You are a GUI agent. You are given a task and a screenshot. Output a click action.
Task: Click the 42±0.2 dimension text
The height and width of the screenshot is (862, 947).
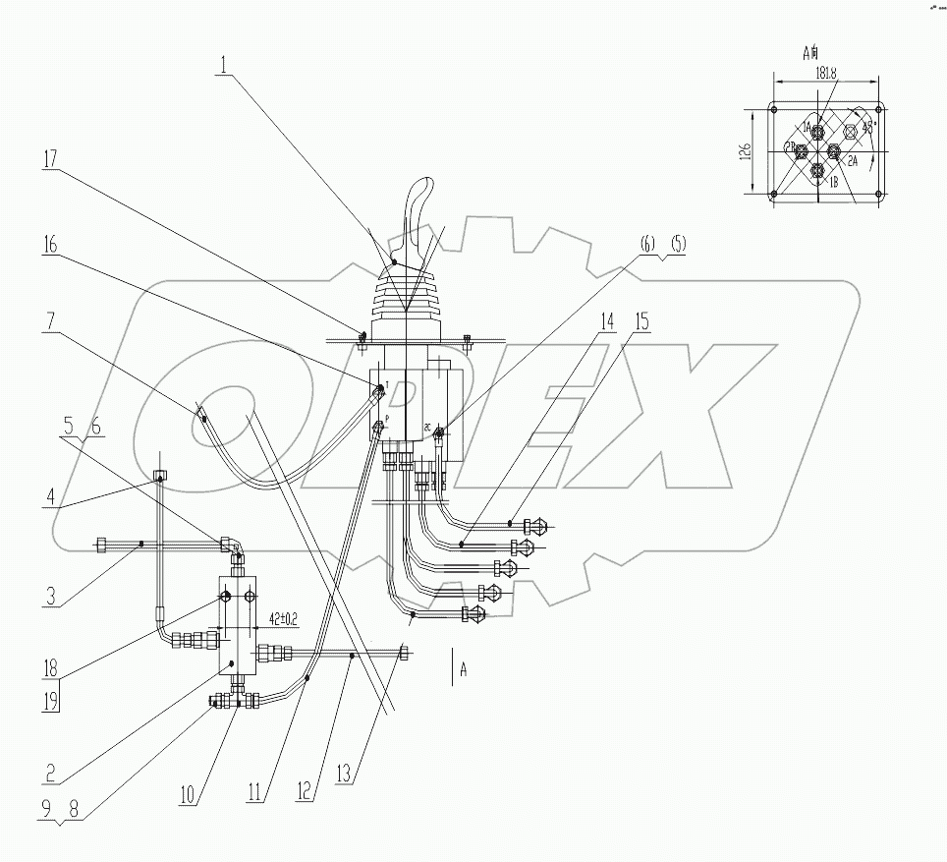(x=283, y=620)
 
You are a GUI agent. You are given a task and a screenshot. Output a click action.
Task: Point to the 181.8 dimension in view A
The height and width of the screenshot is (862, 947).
(x=825, y=72)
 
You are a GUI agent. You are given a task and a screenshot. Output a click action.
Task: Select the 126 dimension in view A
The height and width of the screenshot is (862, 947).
(x=746, y=151)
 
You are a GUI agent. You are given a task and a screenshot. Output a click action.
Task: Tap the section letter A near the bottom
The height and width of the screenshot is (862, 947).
(x=463, y=666)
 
